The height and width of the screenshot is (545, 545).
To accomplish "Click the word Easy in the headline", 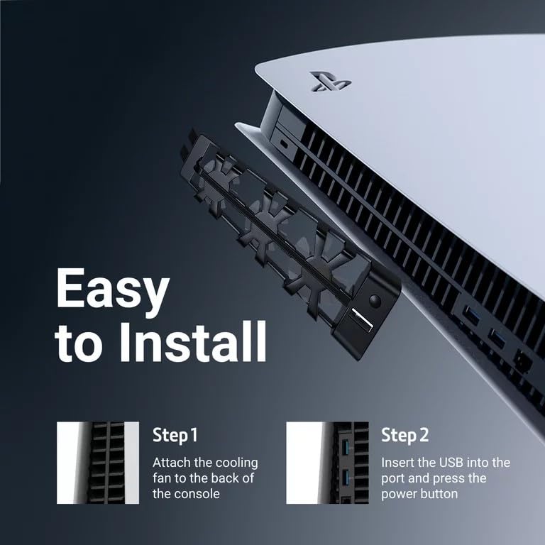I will click(113, 290).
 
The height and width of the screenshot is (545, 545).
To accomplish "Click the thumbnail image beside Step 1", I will click(98, 463).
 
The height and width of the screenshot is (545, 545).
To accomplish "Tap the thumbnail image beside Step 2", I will click(327, 463).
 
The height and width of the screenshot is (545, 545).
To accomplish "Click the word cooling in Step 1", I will click(235, 463).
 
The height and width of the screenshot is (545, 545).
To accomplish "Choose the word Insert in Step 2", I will click(399, 463).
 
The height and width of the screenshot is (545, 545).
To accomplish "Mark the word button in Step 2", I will click(438, 494).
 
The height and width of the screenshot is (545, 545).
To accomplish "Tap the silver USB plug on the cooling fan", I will click(361, 320).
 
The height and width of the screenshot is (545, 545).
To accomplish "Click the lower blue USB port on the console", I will click(497, 338).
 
